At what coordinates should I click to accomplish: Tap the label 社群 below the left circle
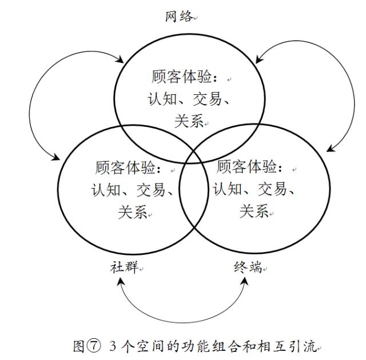point(124,267)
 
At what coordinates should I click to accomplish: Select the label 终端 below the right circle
point(248,267)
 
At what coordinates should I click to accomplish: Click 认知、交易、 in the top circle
point(189,99)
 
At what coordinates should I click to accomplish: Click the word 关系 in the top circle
point(189,121)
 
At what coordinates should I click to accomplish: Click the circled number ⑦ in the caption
point(94,346)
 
